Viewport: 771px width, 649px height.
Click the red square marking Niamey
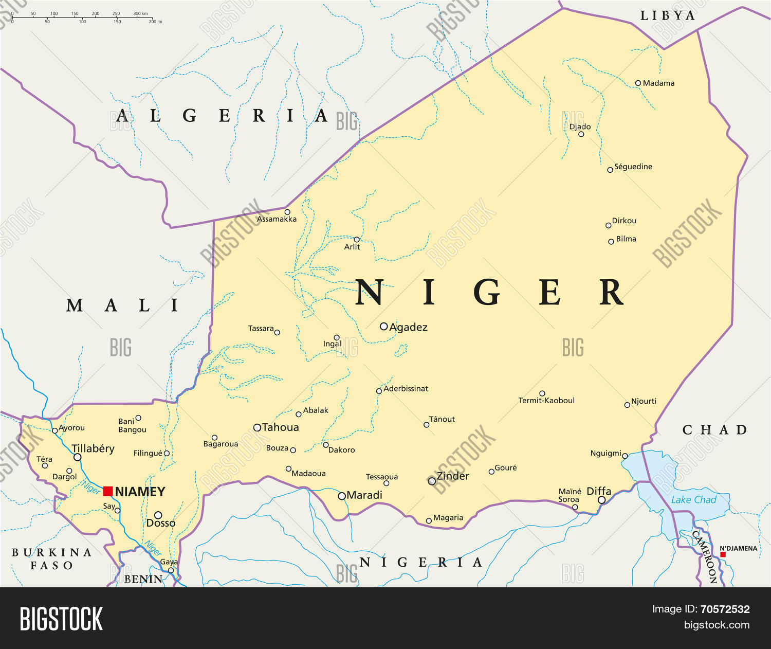pyautogui.click(x=108, y=491)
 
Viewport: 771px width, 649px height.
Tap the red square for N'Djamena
pyautogui.click(x=723, y=554)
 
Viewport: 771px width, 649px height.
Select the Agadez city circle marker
pyautogui.click(x=383, y=327)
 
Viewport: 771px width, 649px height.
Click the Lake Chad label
pyautogui.click(x=693, y=499)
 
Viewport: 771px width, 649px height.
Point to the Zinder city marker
pyautogui.click(x=432, y=481)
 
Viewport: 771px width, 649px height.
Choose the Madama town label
pyautogui.click(x=658, y=83)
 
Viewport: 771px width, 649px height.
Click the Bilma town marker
pyautogui.click(x=611, y=241)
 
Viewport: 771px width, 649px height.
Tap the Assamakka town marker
pyautogui.click(x=287, y=212)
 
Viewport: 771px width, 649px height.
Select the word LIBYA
pyautogui.click(x=667, y=16)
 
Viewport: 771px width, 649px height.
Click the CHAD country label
pyautogui.click(x=714, y=430)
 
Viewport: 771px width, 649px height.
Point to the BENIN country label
pyautogui.click(x=143, y=579)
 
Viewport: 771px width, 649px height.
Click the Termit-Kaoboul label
pyautogui.click(x=546, y=401)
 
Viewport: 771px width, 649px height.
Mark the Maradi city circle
pyautogui.click(x=342, y=496)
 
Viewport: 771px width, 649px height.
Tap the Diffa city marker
pyautogui.click(x=601, y=500)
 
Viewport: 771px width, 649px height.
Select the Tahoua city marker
pyautogui.click(x=257, y=427)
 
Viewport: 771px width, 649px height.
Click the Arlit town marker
pyautogui.click(x=357, y=240)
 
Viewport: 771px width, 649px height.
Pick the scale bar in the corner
pyautogui.click(x=82, y=19)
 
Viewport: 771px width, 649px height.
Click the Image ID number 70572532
pyautogui.click(x=725, y=609)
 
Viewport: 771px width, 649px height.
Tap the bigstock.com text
pyautogui.click(x=716, y=625)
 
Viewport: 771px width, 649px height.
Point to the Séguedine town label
pyautogui.click(x=633, y=167)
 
